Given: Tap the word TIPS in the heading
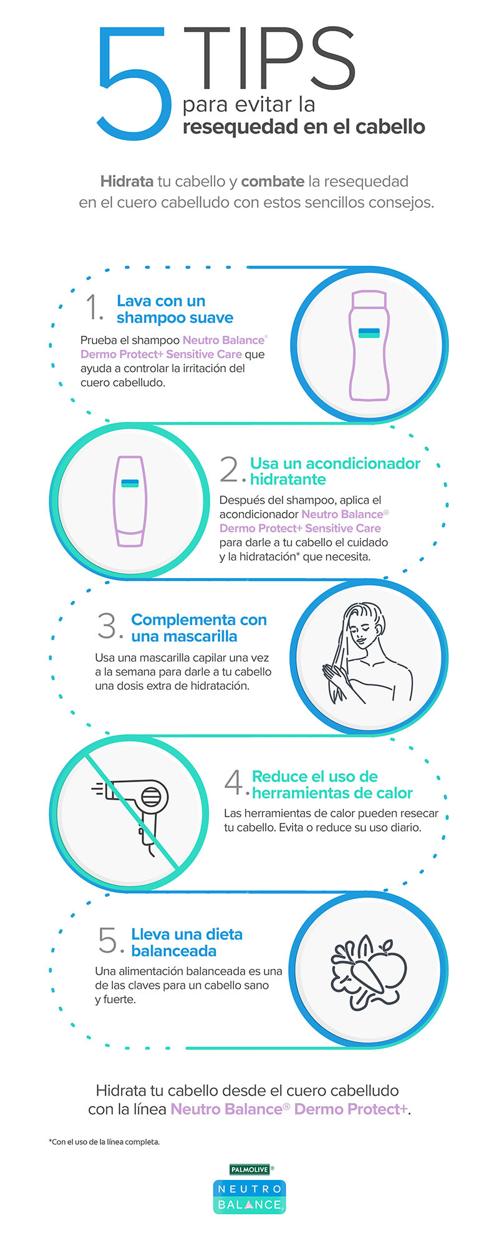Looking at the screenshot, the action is point(269,59).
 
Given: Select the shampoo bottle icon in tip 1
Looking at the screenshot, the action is point(369,345).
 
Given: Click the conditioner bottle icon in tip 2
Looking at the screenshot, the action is point(130,501).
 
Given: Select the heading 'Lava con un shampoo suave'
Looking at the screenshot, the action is point(175,310).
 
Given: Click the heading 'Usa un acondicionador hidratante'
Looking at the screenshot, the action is point(335,471).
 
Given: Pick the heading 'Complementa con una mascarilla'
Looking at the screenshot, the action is point(199,628).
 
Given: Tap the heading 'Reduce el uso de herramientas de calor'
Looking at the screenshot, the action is point(332,785).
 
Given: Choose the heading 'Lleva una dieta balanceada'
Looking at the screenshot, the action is point(187,943).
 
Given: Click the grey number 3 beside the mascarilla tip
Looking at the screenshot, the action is point(107,626).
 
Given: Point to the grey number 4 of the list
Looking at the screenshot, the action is point(234,782).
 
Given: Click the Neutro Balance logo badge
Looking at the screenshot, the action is point(249,1197).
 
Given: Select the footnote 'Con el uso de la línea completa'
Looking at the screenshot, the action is point(104,1142).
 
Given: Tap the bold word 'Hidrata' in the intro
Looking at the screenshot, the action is point(127,182).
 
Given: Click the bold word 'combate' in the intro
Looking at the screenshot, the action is point(273,182).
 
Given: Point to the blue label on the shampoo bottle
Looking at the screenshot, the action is point(369,333).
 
